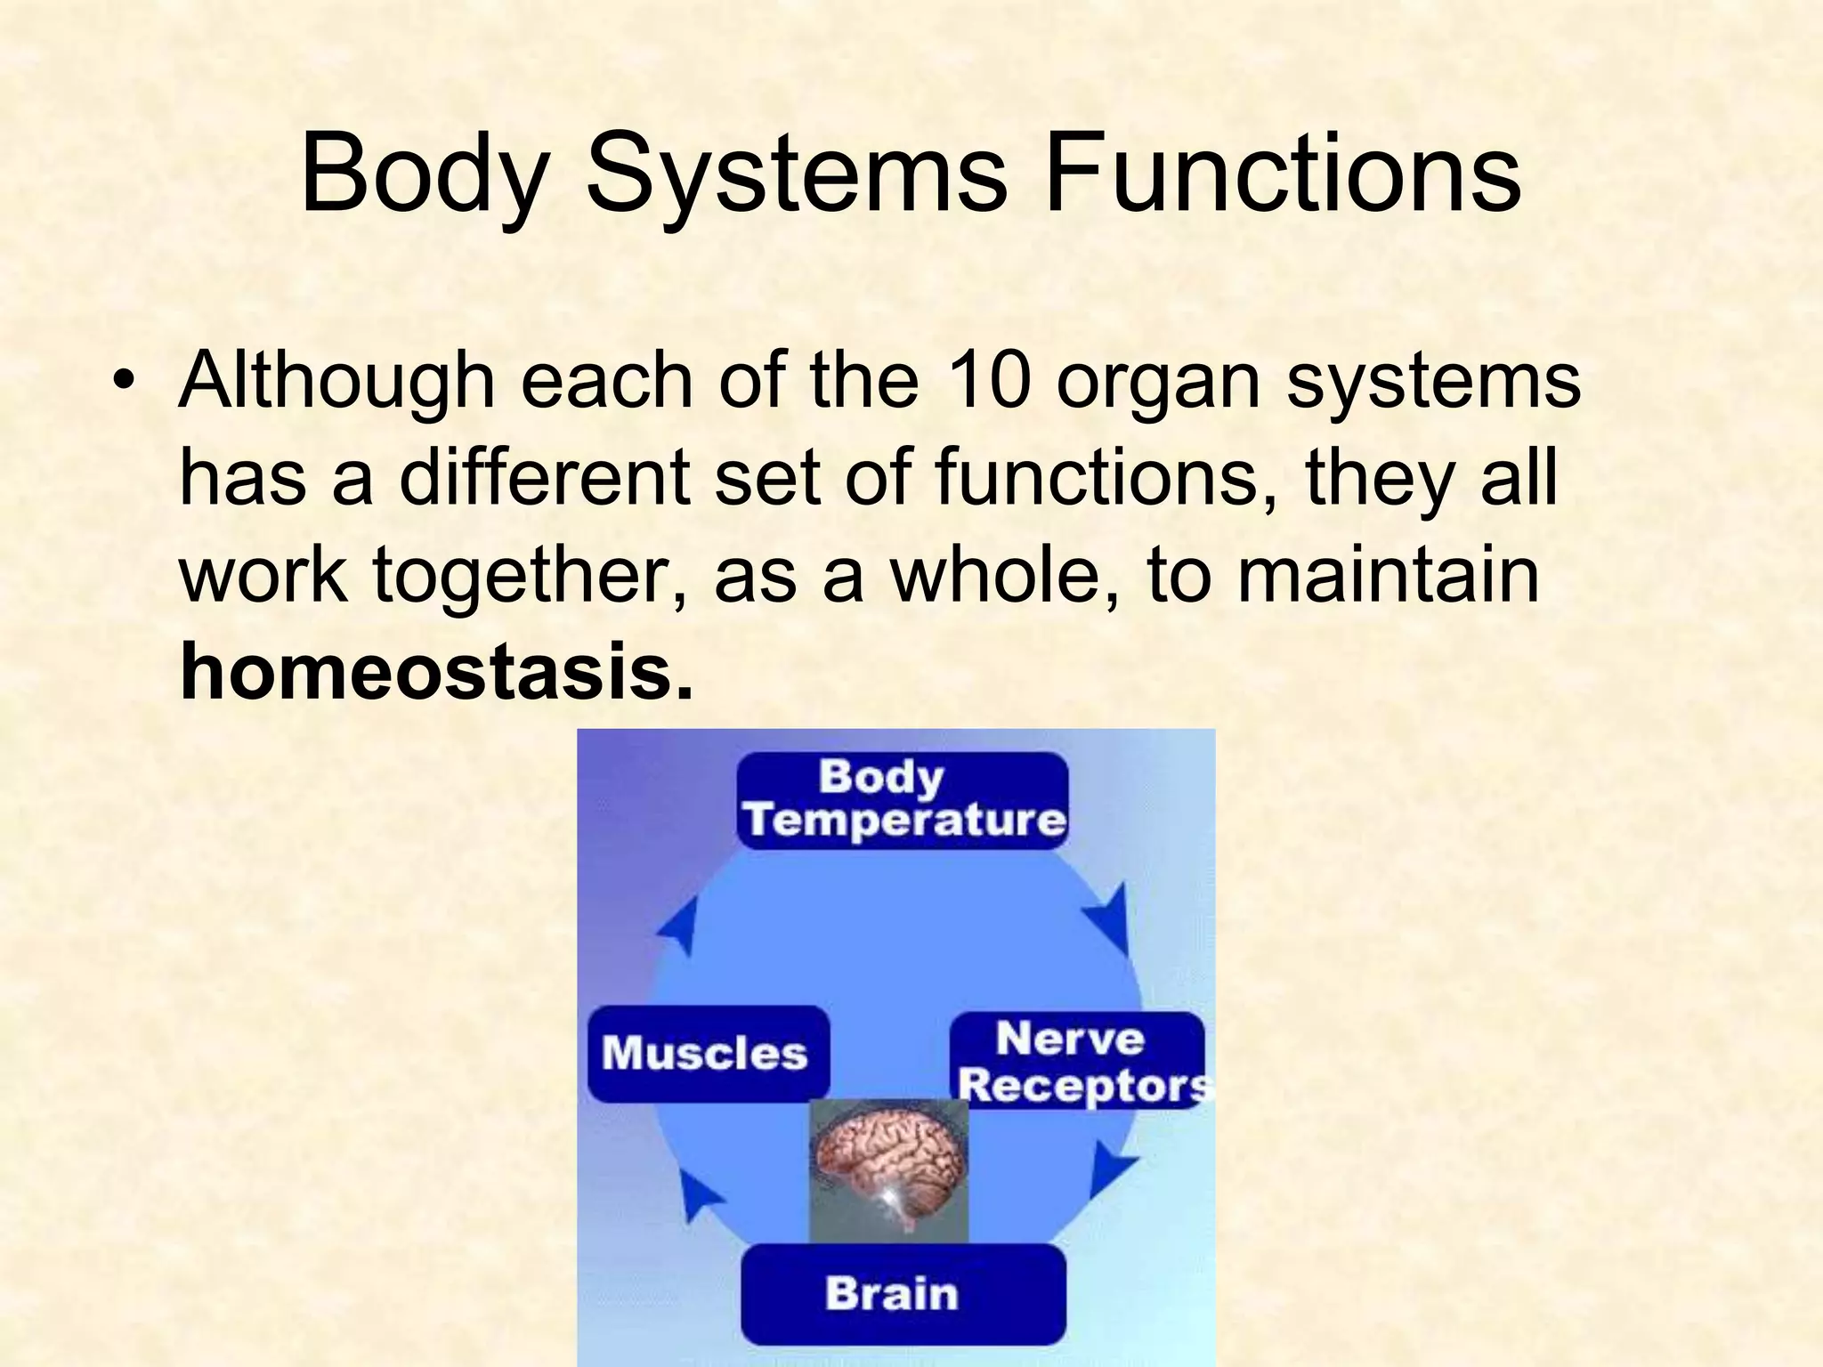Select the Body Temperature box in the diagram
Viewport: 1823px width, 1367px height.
coord(903,800)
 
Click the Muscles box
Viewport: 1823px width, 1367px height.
coord(708,1054)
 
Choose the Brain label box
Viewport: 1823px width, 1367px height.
coord(903,1293)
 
